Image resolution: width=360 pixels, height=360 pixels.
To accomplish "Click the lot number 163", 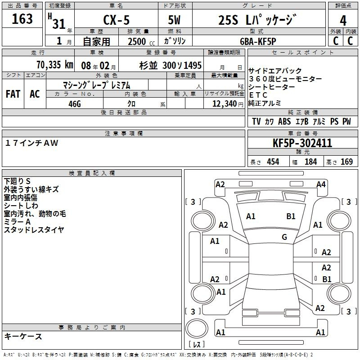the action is (x=22, y=18).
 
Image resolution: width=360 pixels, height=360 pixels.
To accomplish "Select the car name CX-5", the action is (x=117, y=20).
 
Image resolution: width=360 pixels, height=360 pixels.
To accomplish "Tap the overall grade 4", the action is (x=343, y=21).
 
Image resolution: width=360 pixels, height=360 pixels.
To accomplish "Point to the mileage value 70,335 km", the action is (x=55, y=64).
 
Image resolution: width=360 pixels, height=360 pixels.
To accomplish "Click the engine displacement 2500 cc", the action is (x=141, y=41).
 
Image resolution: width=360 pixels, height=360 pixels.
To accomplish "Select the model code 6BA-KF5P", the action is (x=258, y=41).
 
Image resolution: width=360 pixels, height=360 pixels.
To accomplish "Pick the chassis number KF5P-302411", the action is (x=302, y=143).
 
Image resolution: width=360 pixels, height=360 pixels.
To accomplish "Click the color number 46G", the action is (x=75, y=104).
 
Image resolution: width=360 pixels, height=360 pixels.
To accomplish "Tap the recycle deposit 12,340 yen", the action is (x=228, y=104).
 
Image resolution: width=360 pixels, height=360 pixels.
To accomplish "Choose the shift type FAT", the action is (x=13, y=94).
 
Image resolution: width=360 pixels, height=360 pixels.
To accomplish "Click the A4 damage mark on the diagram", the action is (x=321, y=184).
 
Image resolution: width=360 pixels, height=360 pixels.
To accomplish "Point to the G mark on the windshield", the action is (x=284, y=237).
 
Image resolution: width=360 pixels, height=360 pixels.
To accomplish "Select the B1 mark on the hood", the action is (x=291, y=216).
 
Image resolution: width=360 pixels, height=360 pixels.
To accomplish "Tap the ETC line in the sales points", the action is (x=258, y=95).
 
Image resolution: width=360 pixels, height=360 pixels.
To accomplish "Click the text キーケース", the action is (x=23, y=336).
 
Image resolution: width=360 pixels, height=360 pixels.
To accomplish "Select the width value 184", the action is (x=310, y=162).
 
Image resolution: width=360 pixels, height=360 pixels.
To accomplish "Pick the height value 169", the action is (x=346, y=162).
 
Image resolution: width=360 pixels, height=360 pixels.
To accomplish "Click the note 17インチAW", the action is (x=31, y=143).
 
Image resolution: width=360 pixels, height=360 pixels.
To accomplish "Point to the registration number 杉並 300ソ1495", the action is (x=171, y=65).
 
